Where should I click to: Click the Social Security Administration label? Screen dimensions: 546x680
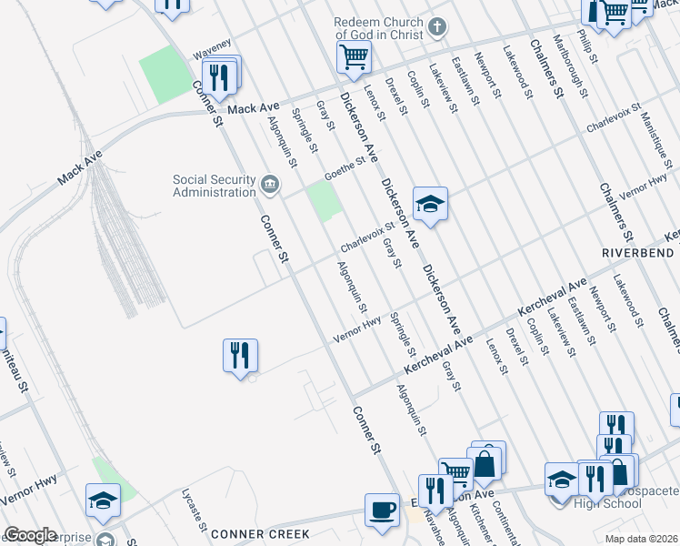(x=215, y=186)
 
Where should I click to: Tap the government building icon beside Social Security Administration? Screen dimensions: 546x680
(x=270, y=186)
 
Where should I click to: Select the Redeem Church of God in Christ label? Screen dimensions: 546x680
(x=379, y=27)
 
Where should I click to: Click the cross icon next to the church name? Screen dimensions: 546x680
(x=437, y=26)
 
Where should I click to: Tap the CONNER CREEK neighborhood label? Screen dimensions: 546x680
(x=260, y=534)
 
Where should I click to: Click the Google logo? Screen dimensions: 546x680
(x=30, y=535)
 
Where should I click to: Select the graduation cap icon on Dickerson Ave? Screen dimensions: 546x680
(x=430, y=204)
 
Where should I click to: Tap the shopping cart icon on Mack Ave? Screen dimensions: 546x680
(x=353, y=57)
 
